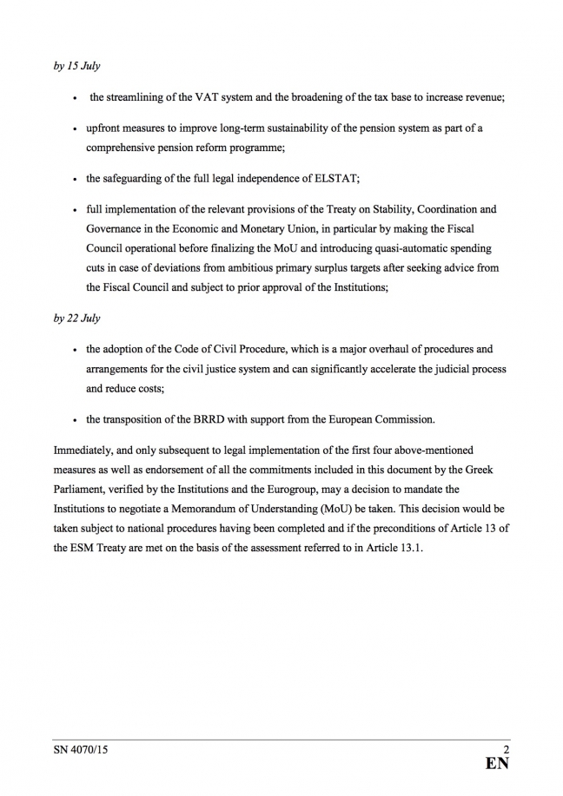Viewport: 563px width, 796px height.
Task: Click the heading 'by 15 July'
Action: tap(76, 67)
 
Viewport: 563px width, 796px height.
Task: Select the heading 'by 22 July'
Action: tap(76, 319)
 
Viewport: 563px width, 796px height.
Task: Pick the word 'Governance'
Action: tap(115, 229)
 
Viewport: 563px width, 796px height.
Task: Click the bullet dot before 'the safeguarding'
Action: tap(76, 180)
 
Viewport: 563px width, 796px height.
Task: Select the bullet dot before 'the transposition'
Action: tap(76, 421)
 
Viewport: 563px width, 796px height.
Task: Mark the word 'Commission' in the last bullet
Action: tap(405, 420)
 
